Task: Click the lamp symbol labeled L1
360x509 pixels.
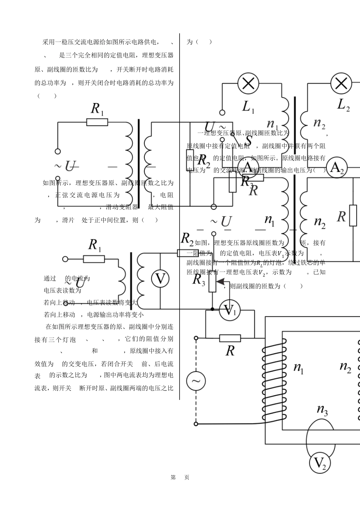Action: pos(248,83)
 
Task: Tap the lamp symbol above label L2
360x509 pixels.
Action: pos(341,83)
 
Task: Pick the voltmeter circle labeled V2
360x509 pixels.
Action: pos(320,463)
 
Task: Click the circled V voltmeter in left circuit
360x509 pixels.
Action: pos(161,279)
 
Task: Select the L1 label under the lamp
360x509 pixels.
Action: pos(248,107)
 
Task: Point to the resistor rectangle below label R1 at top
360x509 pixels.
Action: pos(97,122)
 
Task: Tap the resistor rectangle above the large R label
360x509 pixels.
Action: pos(230,338)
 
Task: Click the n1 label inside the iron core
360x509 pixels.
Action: pos(299,367)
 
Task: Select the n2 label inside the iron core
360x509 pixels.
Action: pos(345,367)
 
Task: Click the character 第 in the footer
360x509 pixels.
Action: pos(173,477)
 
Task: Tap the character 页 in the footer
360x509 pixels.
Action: pos(187,477)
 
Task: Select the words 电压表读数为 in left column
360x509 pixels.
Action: pos(63,290)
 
